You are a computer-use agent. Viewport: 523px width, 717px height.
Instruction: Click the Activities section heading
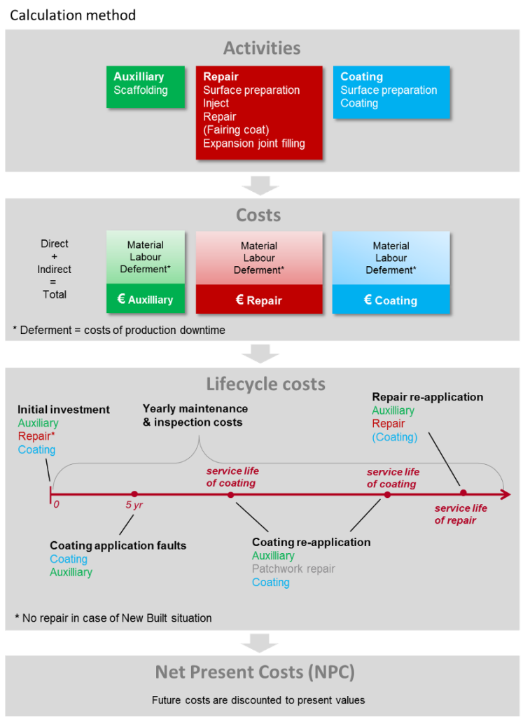tap(262, 48)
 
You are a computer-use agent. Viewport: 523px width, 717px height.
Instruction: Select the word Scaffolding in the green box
tap(140, 90)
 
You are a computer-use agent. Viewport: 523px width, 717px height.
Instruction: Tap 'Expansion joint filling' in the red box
tap(253, 144)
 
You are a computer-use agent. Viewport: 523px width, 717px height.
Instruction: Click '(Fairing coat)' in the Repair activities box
tap(236, 130)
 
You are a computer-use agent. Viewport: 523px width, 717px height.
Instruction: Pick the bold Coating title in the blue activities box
tap(361, 77)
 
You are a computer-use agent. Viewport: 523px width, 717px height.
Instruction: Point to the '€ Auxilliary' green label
tap(145, 300)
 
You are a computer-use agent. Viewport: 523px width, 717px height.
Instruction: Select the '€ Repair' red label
tap(258, 300)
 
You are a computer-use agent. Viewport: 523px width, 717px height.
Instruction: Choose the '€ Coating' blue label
tap(391, 300)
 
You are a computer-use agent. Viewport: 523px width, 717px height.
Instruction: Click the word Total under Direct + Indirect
tap(55, 294)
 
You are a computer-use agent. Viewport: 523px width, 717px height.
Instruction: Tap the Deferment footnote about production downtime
tap(119, 330)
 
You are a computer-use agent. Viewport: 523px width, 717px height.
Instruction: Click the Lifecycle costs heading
tap(265, 384)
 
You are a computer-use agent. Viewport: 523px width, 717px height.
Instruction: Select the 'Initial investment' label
tap(64, 410)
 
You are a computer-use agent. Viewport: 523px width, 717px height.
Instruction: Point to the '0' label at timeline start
tap(56, 504)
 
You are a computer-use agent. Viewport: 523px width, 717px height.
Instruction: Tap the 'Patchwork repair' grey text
tap(293, 569)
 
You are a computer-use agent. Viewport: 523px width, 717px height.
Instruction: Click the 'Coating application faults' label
tap(118, 545)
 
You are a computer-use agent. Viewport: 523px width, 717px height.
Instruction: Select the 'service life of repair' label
tap(460, 514)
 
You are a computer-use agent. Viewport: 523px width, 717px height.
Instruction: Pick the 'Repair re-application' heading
tap(427, 397)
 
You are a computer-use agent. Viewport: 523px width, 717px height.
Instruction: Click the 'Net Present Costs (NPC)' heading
tap(255, 673)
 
